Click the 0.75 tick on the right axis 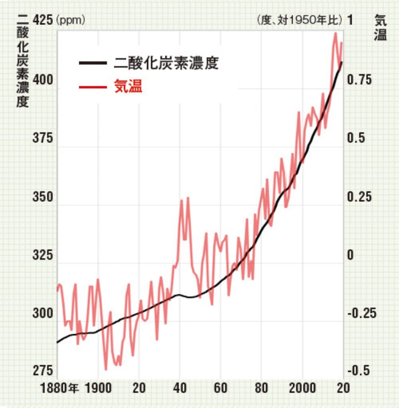click(x=360, y=80)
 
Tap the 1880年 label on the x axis click(x=59, y=388)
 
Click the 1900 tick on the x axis click(x=98, y=388)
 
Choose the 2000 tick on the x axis click(x=303, y=388)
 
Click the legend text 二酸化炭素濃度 click(x=167, y=63)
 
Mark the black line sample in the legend click(x=93, y=63)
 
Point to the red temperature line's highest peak click(x=336, y=33)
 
